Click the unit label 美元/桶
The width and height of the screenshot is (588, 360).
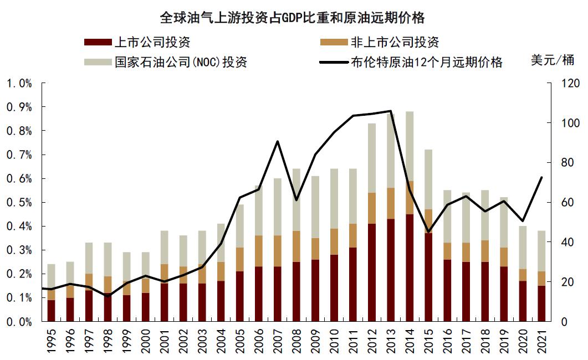[x=551, y=60]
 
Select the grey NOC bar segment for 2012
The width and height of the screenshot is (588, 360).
[x=372, y=158]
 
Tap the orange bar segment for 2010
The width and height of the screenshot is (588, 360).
[x=334, y=241]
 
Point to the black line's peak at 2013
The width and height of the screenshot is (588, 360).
[x=391, y=111]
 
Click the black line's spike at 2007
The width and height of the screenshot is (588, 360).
[x=278, y=141]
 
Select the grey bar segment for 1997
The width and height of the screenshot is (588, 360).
[x=89, y=258]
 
